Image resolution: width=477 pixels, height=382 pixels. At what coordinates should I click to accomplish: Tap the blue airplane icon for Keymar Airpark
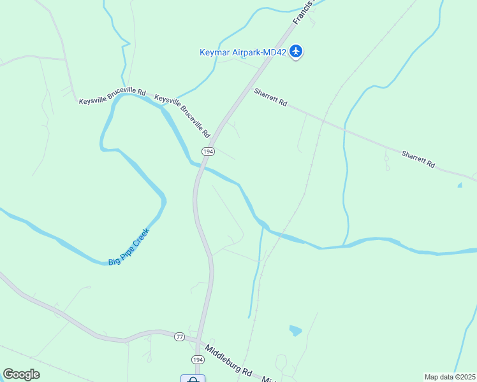coord(296,51)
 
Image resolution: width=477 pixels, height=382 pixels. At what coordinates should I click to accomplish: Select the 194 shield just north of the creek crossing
coord(207,152)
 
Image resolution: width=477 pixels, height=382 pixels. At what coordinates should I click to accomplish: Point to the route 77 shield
coord(179,337)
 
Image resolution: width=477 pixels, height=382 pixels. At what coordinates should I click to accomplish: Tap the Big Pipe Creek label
coord(128,247)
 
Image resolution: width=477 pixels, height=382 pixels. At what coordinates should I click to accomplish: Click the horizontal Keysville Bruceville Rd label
coord(112,97)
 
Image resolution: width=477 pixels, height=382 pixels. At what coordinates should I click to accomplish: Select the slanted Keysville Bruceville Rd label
coord(182,117)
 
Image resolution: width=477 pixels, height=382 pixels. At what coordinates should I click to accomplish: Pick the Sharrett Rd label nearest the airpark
coord(270,97)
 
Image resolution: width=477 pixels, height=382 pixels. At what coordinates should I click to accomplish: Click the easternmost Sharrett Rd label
coord(418,159)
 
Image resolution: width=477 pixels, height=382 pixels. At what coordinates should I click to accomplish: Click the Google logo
coord(21,374)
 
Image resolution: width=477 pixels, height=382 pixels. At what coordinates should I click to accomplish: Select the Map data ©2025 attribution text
coord(450,377)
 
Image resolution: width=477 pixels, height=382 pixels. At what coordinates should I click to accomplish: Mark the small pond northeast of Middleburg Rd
coord(295,330)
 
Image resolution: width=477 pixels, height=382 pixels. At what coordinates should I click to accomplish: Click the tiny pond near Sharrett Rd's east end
coord(460,185)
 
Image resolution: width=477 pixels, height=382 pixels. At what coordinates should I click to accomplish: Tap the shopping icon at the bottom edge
coord(193,379)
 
